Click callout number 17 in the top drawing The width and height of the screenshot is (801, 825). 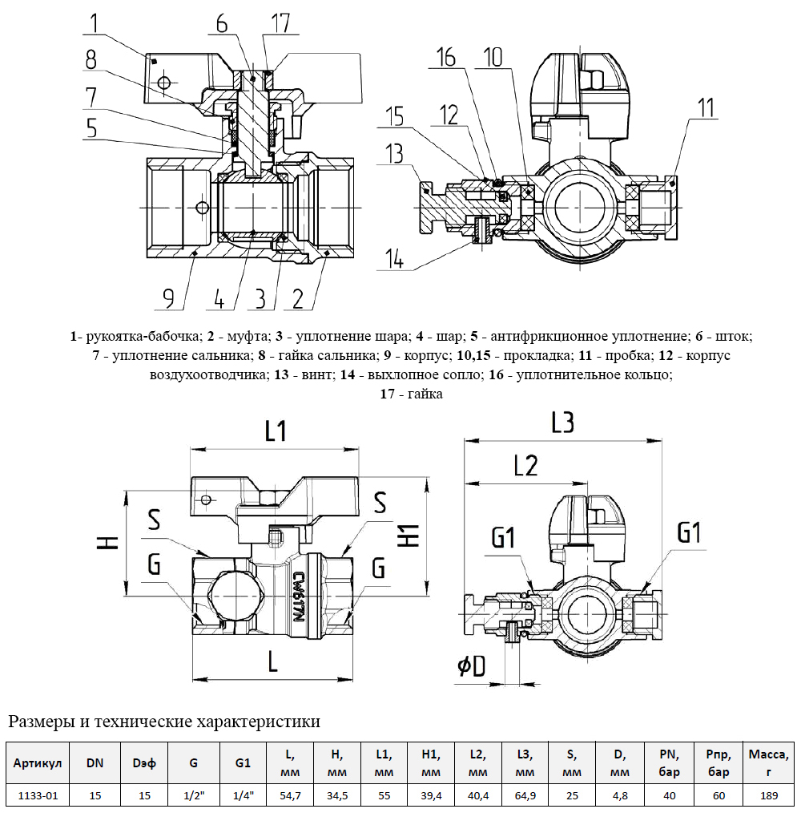[x=280, y=23]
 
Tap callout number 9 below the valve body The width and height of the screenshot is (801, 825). [x=168, y=299]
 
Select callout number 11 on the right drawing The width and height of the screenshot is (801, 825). [x=706, y=109]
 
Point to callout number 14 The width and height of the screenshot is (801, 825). [x=394, y=259]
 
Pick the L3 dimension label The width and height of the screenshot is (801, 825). [x=564, y=423]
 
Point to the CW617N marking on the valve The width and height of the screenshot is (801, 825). [x=297, y=599]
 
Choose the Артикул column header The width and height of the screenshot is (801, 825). [x=38, y=763]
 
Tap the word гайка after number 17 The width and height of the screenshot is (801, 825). [x=425, y=394]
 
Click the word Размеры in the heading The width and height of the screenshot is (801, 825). [x=40, y=722]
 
